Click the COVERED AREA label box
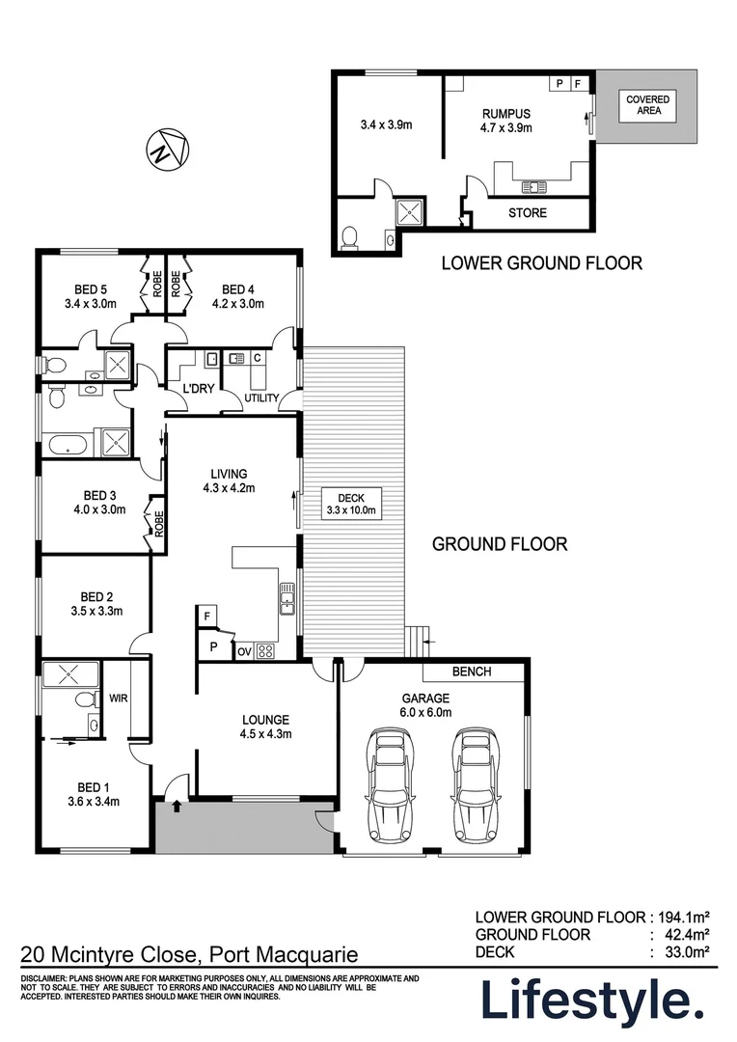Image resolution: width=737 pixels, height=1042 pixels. [x=647, y=105]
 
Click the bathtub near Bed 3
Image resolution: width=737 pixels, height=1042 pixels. [x=67, y=446]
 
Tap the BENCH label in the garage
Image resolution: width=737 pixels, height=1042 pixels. [x=471, y=672]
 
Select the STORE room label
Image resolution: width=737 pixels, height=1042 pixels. [x=527, y=212]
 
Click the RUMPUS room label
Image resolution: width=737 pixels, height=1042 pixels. [x=505, y=113]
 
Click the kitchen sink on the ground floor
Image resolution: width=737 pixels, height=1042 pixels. [x=287, y=599]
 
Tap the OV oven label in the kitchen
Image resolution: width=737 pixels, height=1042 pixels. [x=244, y=652]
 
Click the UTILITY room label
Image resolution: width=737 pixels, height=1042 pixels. [x=260, y=398]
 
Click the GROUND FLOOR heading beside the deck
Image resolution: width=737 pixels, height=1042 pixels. [x=499, y=544]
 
